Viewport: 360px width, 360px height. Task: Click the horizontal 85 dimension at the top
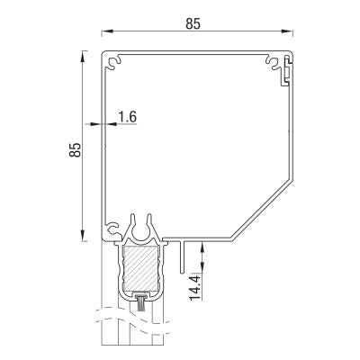[193, 24]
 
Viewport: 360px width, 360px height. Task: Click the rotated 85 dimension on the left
[76, 148]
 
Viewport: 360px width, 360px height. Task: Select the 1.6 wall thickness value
[127, 117]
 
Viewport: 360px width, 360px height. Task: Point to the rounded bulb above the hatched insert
[139, 228]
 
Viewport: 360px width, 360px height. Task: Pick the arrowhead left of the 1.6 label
[98, 123]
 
